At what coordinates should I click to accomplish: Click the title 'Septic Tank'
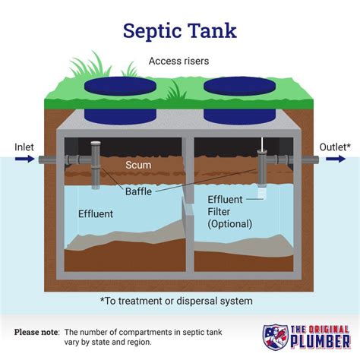click(180, 30)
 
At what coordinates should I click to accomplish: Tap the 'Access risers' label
click(180, 61)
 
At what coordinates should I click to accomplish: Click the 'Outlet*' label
click(335, 146)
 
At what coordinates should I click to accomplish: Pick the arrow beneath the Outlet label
click(335, 159)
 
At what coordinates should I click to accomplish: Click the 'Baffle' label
click(139, 192)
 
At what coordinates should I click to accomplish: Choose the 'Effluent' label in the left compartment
click(96, 214)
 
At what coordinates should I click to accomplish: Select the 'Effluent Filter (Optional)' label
click(229, 212)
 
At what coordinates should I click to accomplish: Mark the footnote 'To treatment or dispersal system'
click(181, 302)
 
